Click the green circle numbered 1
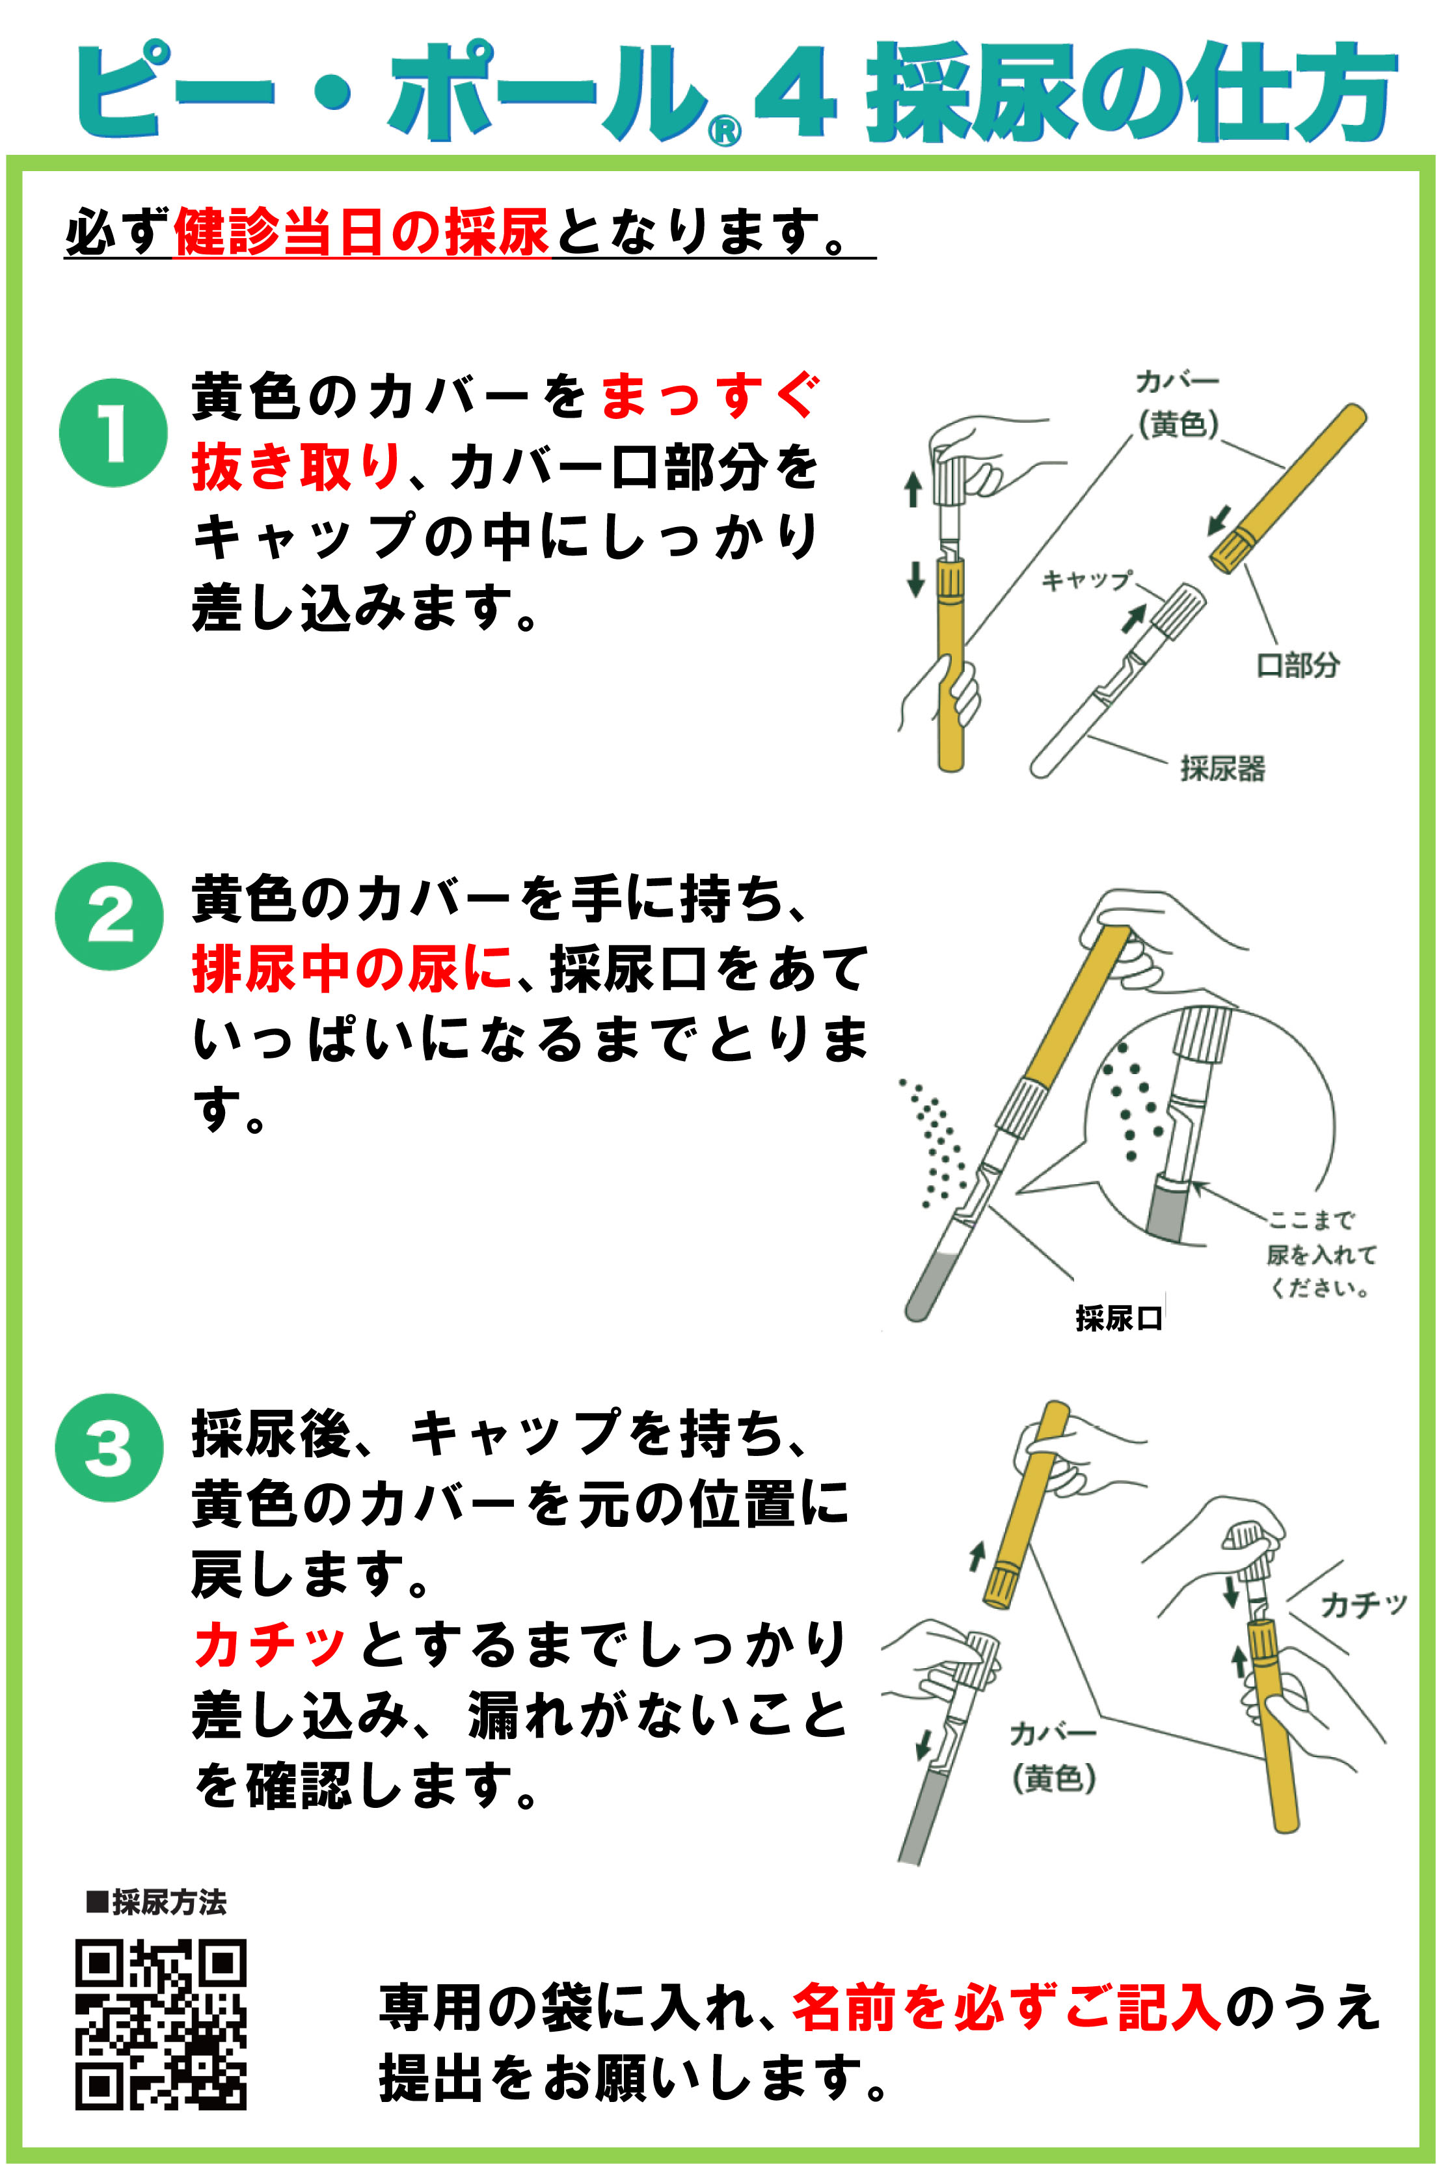point(113,432)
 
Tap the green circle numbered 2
point(109,915)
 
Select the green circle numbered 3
point(109,1448)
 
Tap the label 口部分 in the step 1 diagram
point(1298,664)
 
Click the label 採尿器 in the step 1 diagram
point(1222,768)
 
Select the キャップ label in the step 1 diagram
point(1085,580)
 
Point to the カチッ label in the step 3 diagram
point(1364,1605)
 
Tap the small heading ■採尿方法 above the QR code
point(155,1902)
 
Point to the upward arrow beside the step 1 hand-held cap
point(913,489)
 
